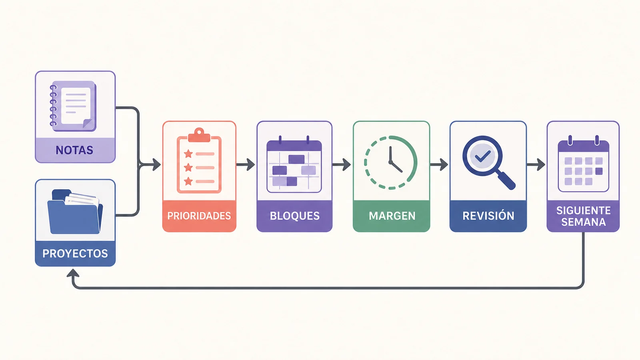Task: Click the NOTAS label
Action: point(74,150)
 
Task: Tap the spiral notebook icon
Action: point(73,106)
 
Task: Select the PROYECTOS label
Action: point(75,254)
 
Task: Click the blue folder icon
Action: point(75,212)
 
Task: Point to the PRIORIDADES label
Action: point(199,216)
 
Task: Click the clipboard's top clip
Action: point(199,135)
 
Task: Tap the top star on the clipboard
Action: point(188,154)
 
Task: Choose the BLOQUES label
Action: point(294,216)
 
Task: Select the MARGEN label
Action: point(392,216)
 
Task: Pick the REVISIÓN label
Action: point(488,216)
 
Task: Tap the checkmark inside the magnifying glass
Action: point(482,156)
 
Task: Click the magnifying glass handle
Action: point(506,180)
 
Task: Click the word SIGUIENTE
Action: point(584,210)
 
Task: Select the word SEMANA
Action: point(584,222)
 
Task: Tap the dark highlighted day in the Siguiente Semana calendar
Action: point(599,171)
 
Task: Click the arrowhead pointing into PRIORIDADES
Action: point(156,164)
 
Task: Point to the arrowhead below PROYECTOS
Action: point(73,273)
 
